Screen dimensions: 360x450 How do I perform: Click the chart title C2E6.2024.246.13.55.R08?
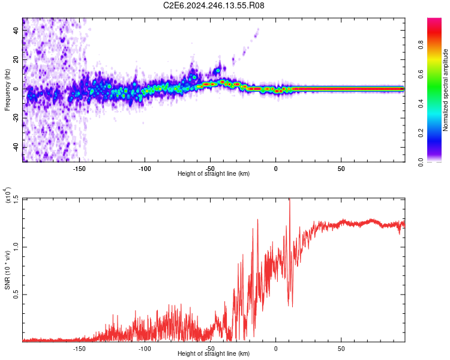pos(214,6)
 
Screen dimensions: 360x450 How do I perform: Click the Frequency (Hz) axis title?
pos(7,89)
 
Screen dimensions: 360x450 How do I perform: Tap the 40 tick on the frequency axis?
pos(17,31)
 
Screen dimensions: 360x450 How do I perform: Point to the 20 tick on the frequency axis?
pos(17,60)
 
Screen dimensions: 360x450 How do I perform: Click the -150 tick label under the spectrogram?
pos(79,169)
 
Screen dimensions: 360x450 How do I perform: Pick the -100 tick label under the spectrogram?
pos(145,169)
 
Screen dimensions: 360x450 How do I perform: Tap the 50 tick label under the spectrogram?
pos(341,169)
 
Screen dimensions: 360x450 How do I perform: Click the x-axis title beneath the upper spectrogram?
pos(214,174)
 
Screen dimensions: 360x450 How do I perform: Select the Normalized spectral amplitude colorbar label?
pos(445,90)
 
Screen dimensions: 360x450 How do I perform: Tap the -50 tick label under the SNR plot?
pos(210,349)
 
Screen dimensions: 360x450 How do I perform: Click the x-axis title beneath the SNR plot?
pos(214,354)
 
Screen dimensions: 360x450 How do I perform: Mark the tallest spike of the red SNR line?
pos(290,200)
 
